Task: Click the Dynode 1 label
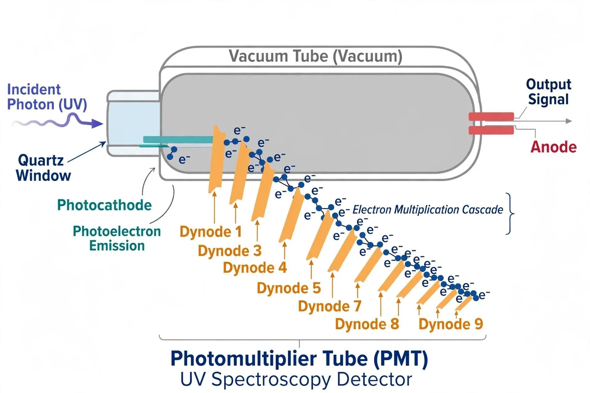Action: (210, 232)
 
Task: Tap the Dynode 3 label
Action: (230, 251)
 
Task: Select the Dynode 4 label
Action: (255, 267)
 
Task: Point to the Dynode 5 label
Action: (289, 288)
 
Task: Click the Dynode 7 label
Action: (330, 306)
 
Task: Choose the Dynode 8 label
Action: (367, 324)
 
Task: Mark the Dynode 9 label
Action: (451, 324)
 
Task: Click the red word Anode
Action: (553, 147)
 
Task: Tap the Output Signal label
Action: (549, 92)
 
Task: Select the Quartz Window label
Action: (43, 168)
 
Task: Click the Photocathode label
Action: (104, 205)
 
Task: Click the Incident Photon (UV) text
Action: (47, 97)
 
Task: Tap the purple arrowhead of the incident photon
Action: (97, 124)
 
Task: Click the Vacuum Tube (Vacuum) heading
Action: (316, 56)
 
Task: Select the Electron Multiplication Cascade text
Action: (428, 210)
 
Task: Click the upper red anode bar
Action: (491, 116)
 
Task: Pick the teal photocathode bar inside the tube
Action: (178, 140)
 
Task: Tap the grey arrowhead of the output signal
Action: (569, 121)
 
